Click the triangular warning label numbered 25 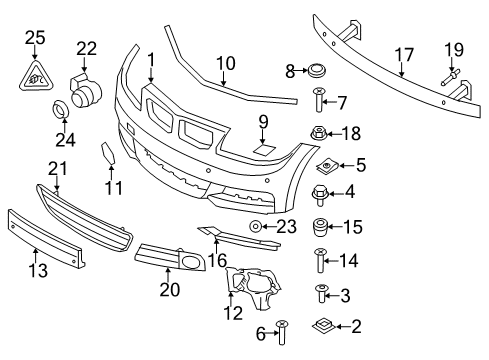coord(35,74)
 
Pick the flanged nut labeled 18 coord(318,132)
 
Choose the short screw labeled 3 coord(318,293)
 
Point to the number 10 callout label coord(224,61)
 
